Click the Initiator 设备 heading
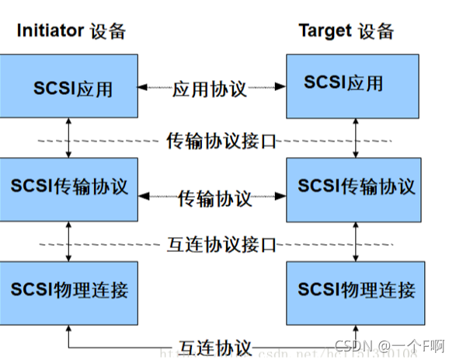click(71, 31)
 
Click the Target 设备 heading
click(346, 31)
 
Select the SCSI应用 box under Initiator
click(69, 87)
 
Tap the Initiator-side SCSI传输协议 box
click(69, 187)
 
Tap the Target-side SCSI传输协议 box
click(356, 187)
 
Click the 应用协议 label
click(210, 89)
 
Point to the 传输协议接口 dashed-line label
click(222, 141)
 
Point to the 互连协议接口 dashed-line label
click(222, 245)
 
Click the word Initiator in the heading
click(50, 31)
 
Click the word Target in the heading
click(325, 31)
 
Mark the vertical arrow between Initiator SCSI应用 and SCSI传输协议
click(69, 139)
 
